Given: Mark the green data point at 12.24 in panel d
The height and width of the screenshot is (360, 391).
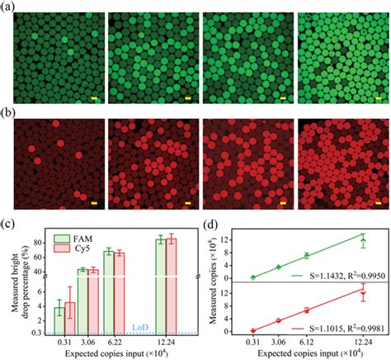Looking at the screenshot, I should [x=363, y=241].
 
